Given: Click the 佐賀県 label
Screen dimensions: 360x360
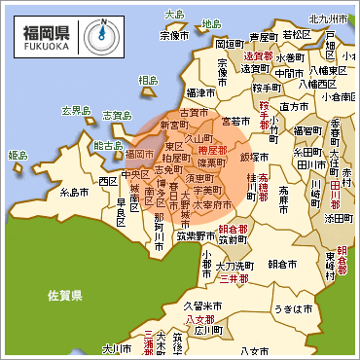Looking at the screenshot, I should click(x=66, y=292).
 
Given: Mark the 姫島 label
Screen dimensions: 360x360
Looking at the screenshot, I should click(x=18, y=155).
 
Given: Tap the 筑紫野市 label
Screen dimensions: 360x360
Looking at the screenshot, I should click(x=196, y=234).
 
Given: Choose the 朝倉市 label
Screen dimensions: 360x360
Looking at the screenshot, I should click(x=282, y=263).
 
